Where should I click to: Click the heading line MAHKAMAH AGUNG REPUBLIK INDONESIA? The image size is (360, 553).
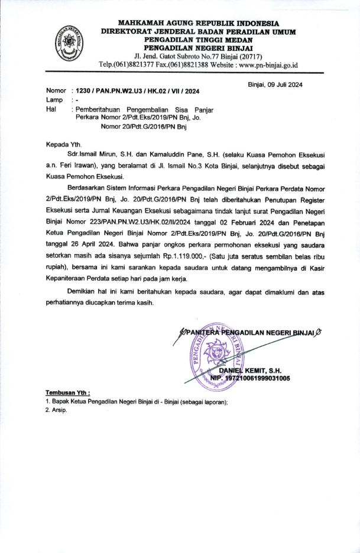point(197,22)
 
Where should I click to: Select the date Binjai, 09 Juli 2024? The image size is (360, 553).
point(275,84)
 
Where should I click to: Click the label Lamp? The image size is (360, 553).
point(55,100)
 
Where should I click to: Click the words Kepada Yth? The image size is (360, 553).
point(65,144)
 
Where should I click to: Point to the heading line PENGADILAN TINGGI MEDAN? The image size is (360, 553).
point(197,39)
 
